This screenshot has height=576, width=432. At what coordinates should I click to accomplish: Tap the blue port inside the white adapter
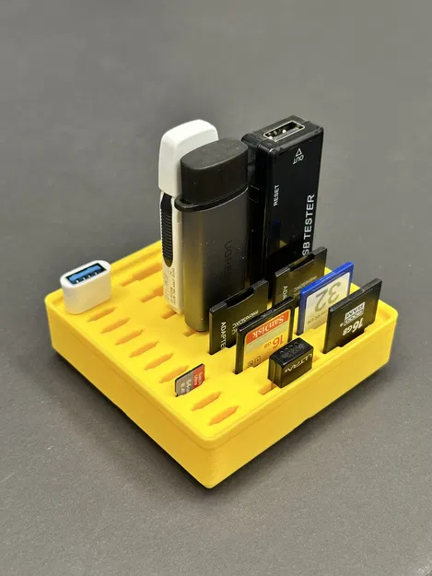(86, 273)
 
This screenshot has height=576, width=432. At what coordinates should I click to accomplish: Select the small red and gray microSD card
(190, 379)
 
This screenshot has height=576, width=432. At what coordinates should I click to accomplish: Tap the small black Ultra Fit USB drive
(289, 361)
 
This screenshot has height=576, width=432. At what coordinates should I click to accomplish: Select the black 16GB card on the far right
(352, 315)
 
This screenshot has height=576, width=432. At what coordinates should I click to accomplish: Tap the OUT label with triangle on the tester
(298, 158)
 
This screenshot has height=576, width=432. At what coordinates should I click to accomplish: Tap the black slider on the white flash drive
(166, 230)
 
